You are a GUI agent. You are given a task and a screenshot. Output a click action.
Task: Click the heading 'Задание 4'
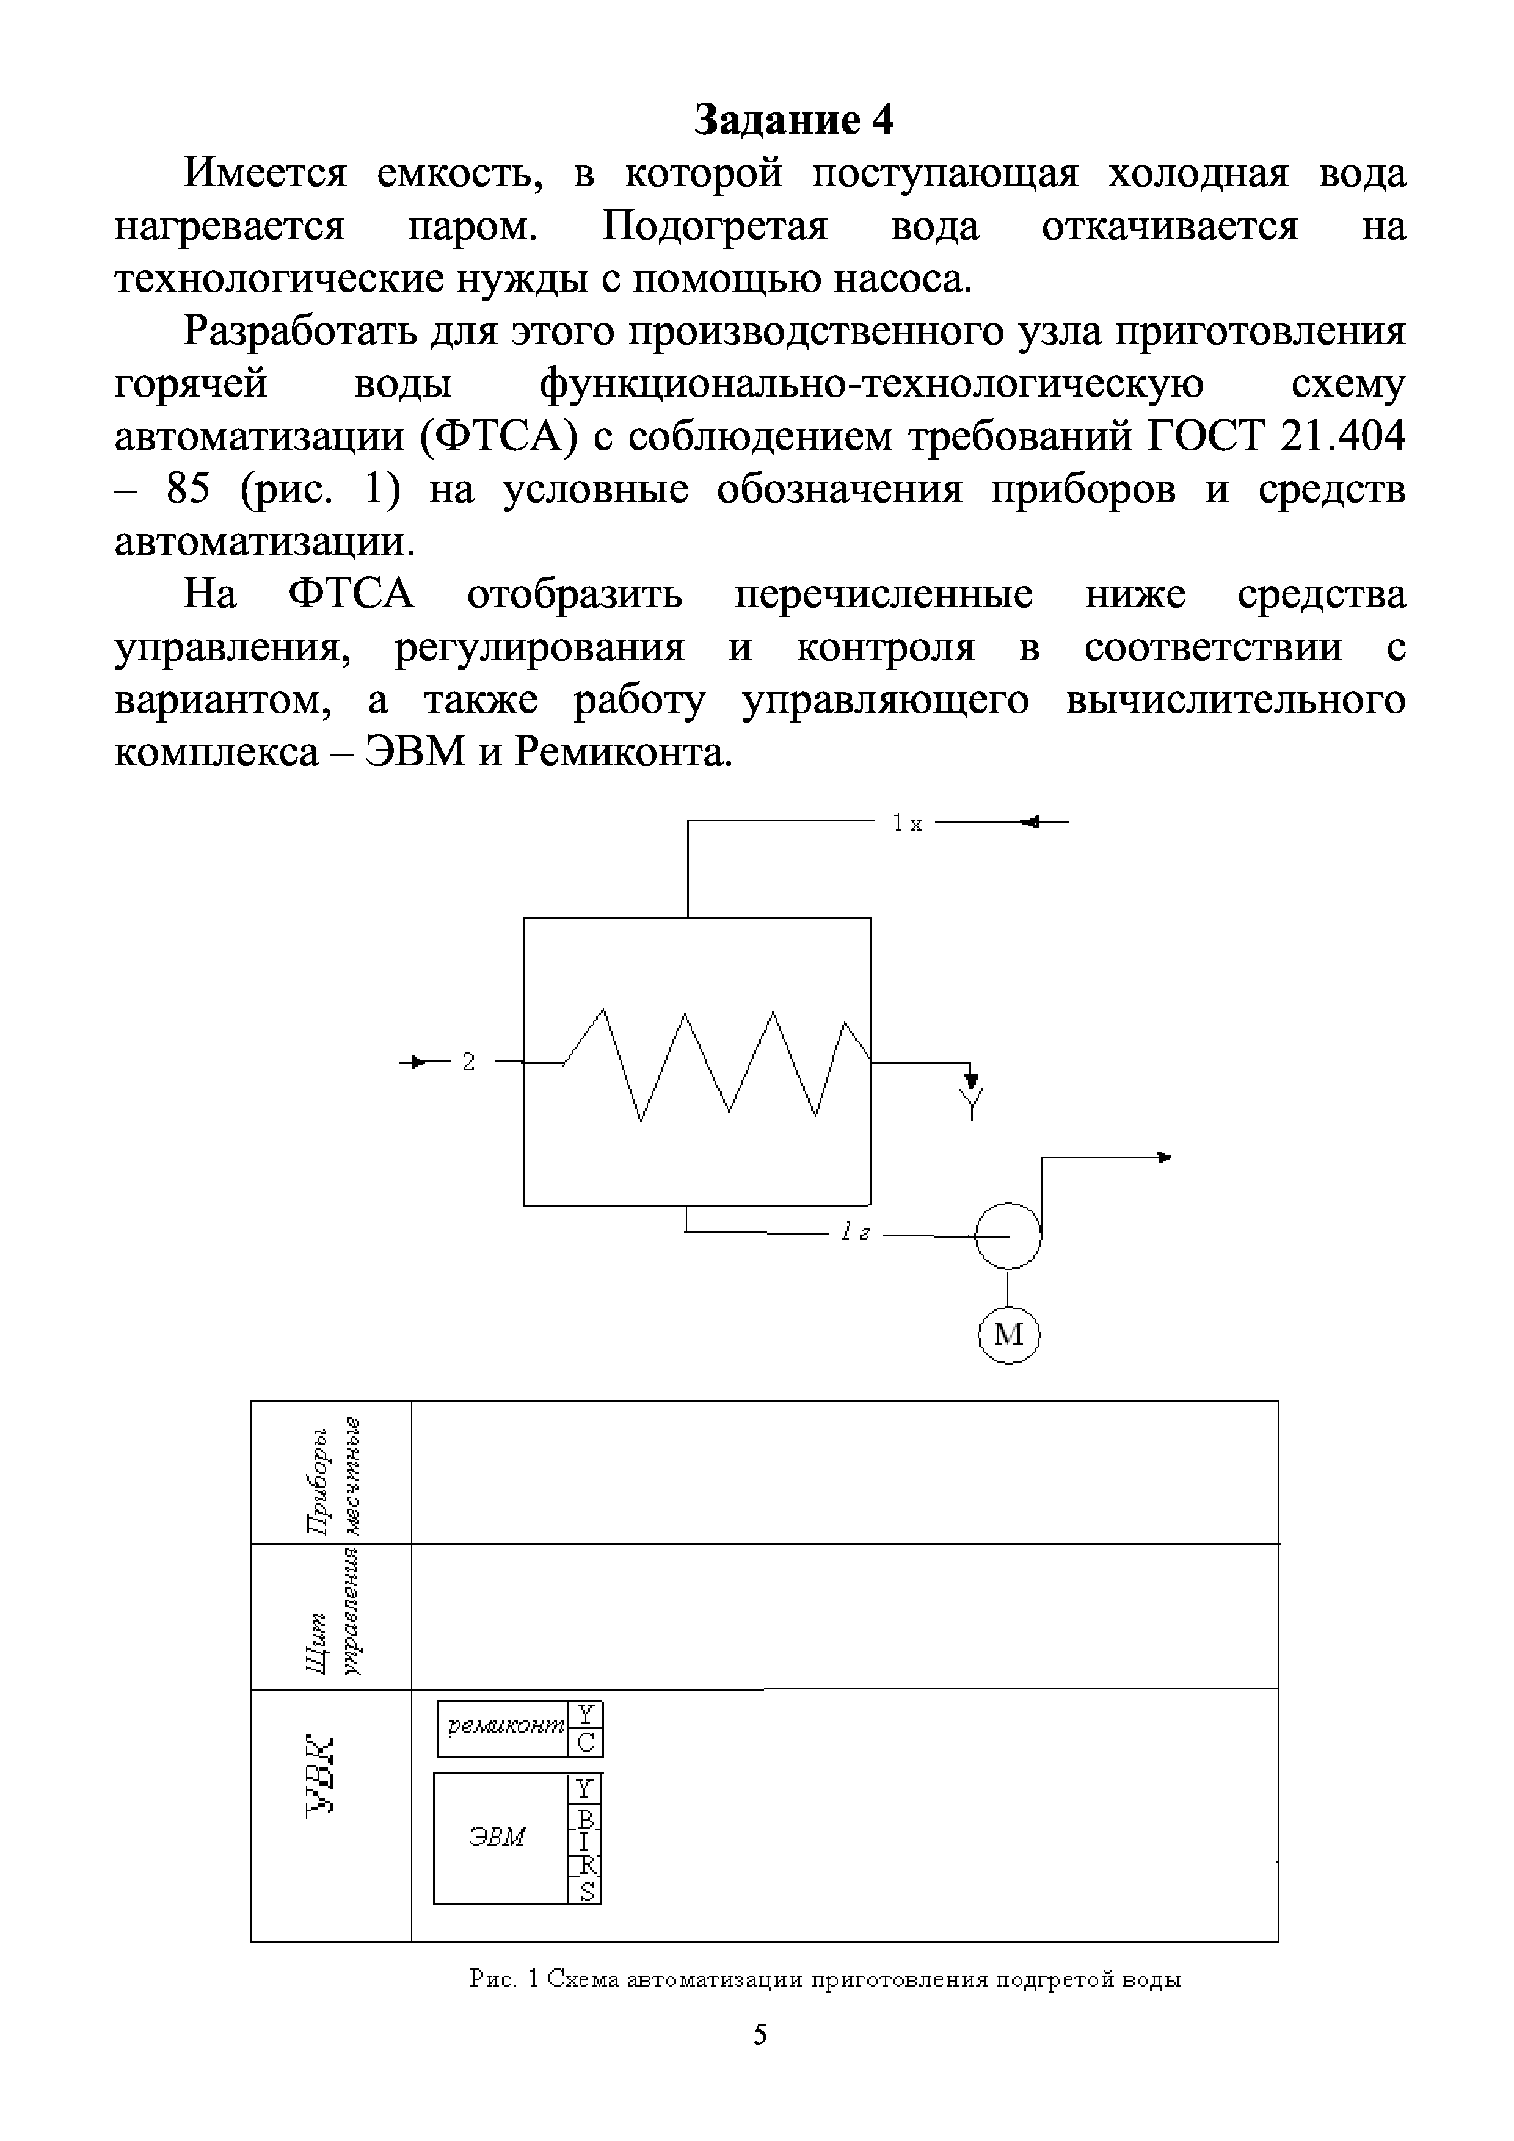pyautogui.click(x=794, y=120)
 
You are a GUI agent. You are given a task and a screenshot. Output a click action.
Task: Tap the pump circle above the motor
pyautogui.click(x=1008, y=1235)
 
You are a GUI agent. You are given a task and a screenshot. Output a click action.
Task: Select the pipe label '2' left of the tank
pyautogui.click(x=468, y=1062)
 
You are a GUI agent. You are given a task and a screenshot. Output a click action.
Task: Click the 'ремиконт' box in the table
pyautogui.click(x=504, y=1726)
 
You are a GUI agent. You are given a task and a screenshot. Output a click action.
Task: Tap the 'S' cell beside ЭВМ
pyautogui.click(x=586, y=1889)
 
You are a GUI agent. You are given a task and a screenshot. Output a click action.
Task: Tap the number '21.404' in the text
pyautogui.click(x=1342, y=436)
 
